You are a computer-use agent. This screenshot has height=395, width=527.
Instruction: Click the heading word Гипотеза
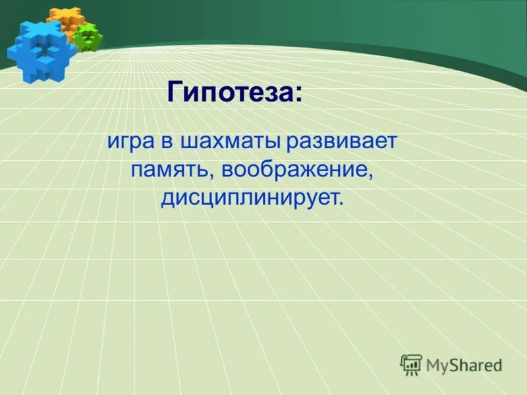click(230, 92)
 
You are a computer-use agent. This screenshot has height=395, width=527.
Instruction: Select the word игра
click(129, 142)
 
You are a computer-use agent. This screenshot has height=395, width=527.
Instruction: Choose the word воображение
click(296, 170)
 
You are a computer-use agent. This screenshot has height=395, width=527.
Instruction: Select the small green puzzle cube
click(88, 38)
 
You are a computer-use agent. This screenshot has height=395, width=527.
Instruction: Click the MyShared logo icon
click(411, 364)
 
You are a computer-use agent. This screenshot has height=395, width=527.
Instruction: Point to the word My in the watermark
click(439, 365)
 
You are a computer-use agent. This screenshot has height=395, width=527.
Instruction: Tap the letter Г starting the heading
click(175, 92)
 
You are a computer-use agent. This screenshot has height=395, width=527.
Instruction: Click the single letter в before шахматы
click(163, 143)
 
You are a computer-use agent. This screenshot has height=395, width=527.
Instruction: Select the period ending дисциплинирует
click(341, 203)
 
